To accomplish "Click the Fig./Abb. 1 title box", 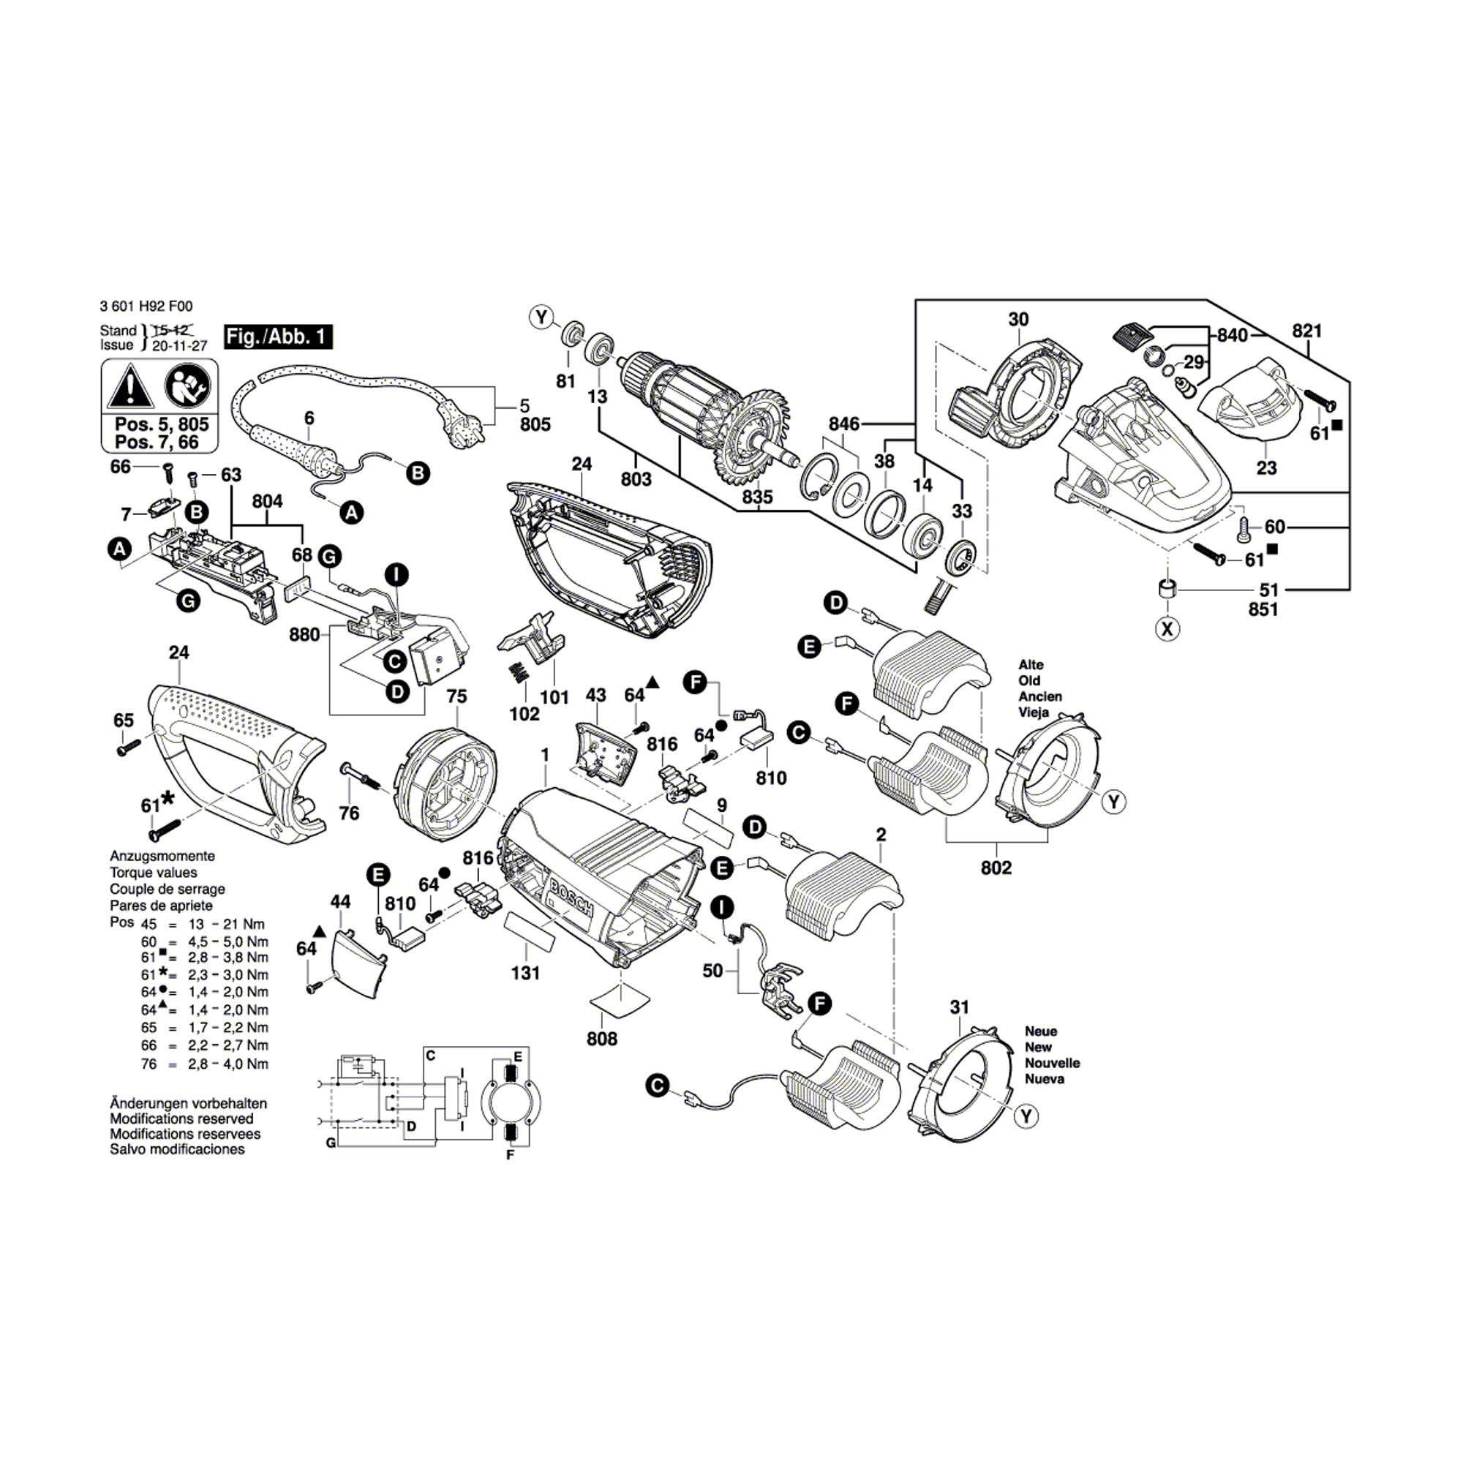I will [x=278, y=337].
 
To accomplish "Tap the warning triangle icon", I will [x=130, y=387].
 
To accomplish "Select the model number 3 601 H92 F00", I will [x=146, y=306].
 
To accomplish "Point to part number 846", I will [x=843, y=424].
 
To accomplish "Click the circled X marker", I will [x=1168, y=628].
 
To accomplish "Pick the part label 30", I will [x=1018, y=319].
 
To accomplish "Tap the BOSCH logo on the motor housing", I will [x=573, y=898].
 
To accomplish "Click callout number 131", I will [x=524, y=973].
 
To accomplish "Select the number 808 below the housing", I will [x=602, y=1039].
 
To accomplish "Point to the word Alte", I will [x=1031, y=665].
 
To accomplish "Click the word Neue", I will [x=1040, y=1031].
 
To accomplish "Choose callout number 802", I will [x=996, y=868].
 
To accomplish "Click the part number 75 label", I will [x=456, y=696].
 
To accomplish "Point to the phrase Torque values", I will [x=153, y=873].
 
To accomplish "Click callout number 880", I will [x=304, y=634].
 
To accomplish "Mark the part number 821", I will [x=1307, y=330].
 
